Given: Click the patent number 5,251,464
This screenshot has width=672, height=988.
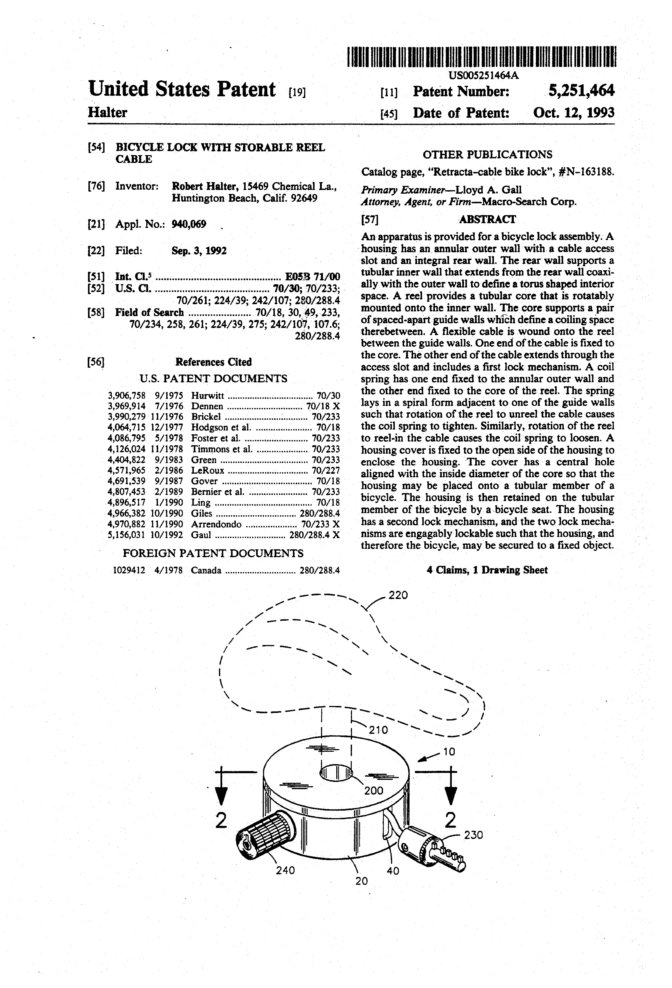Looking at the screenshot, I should coord(581,91).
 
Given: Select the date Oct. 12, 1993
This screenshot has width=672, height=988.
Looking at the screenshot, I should coord(573,113).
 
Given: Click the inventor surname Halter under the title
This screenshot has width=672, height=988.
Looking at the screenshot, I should coord(107,113).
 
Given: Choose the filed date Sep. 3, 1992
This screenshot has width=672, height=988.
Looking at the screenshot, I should coord(199,251).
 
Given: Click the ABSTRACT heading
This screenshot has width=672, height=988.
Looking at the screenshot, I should coord(487,219).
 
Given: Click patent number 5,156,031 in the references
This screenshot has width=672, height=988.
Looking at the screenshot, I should coord(127,535).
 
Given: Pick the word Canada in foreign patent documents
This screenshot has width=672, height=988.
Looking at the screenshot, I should coord(206,570).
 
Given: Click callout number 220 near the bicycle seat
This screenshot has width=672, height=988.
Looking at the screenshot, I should coord(398,595).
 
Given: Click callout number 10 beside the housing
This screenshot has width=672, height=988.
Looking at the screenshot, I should coord(449,752).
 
